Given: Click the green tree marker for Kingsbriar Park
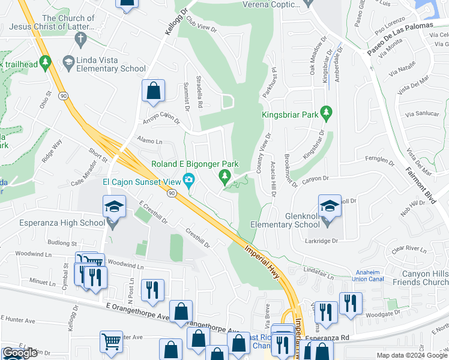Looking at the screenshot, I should [x=327, y=112].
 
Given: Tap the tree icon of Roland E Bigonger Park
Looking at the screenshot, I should [x=225, y=176].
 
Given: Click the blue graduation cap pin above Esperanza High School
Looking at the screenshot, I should [x=114, y=207].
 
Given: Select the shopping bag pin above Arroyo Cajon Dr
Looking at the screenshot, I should [x=154, y=92].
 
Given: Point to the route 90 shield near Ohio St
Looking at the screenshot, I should [x=62, y=95].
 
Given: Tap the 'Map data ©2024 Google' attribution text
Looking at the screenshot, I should [x=411, y=355].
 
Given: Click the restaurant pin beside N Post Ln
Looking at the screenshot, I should [x=151, y=290].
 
